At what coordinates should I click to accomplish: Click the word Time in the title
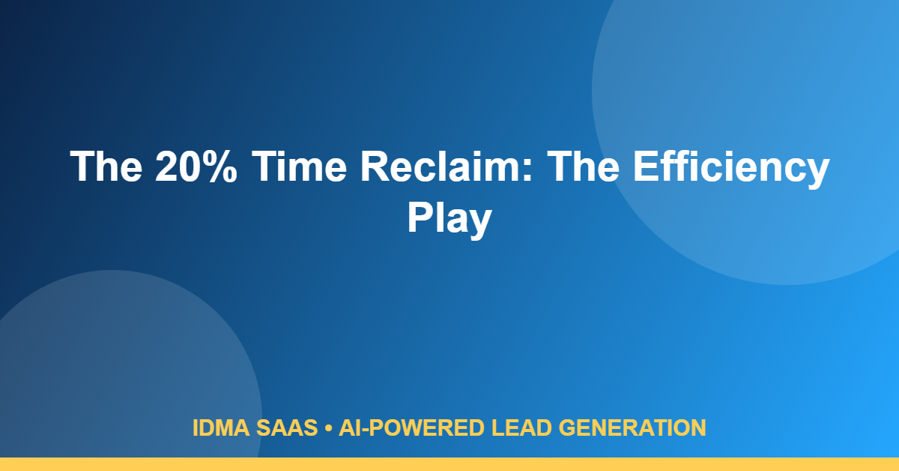pos(299,166)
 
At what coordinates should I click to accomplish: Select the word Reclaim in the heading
pos(441,166)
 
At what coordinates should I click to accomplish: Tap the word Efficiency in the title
pos(731,169)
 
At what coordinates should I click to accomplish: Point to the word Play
pos(449,220)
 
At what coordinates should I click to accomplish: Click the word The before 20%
pos(106,166)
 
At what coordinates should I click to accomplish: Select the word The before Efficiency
pos(583,166)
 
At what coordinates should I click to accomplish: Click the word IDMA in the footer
pos(221,427)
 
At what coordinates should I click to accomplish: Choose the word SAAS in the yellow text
pos(287,427)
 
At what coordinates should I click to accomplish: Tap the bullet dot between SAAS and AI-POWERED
pos(328,428)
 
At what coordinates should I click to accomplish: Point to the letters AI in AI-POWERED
pos(351,427)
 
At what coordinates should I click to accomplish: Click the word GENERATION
pos(632,427)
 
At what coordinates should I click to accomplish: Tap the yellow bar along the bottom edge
pos(449,464)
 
